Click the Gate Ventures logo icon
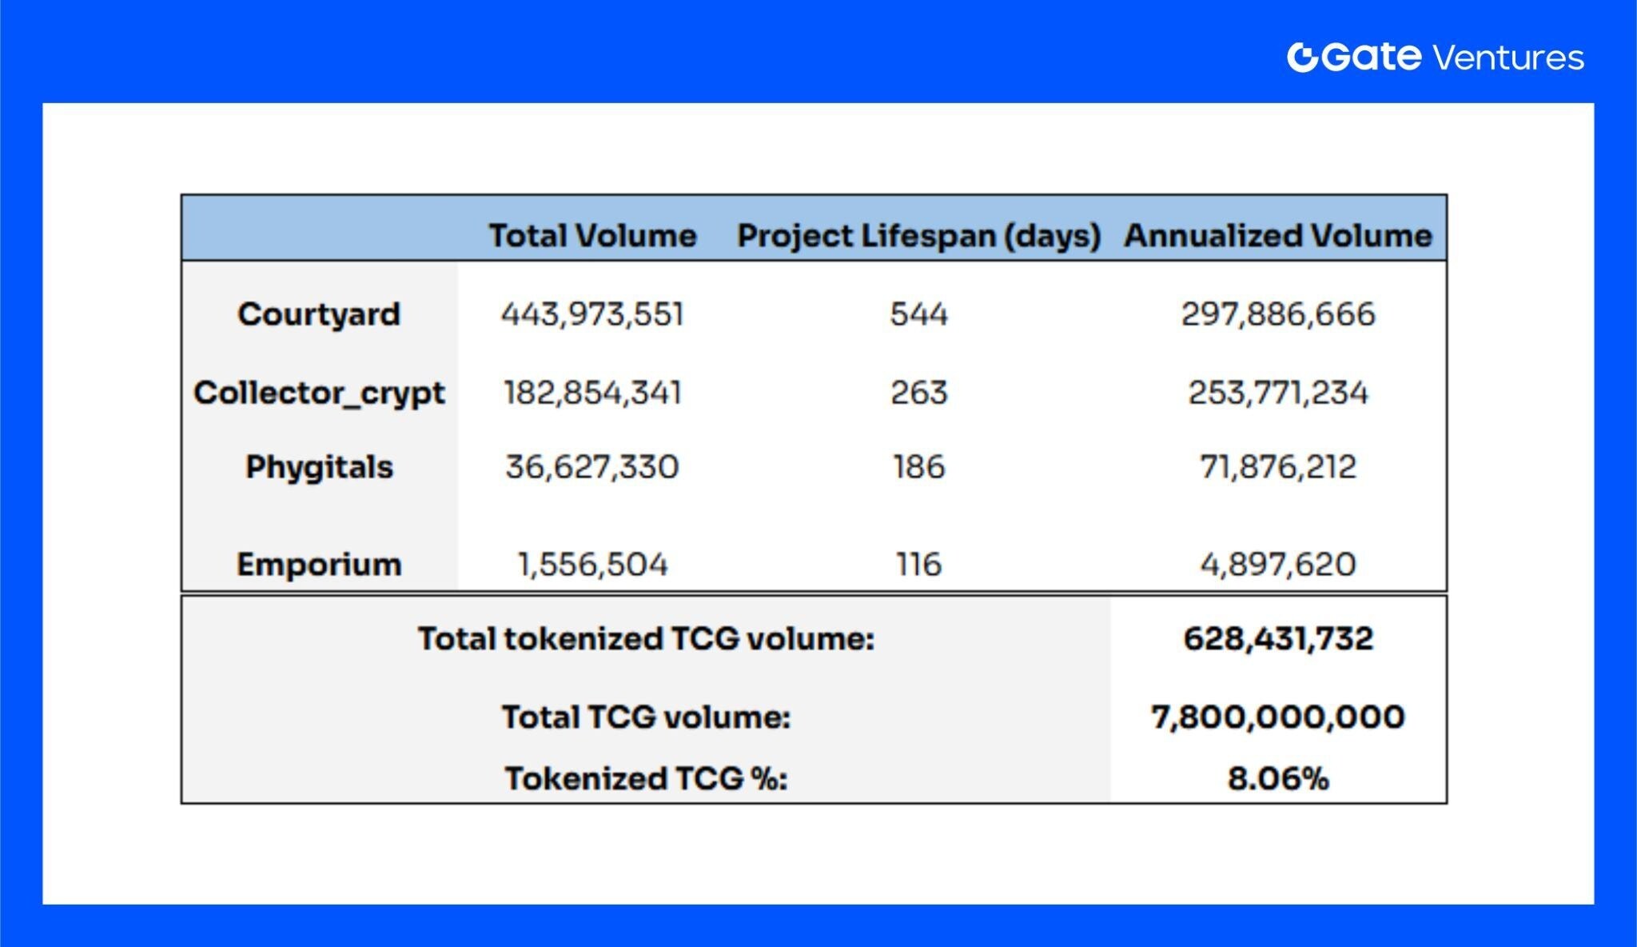tap(1302, 57)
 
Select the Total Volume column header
tap(592, 235)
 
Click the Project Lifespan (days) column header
tap(918, 235)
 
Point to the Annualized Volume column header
tap(1277, 235)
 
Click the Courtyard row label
tap(319, 314)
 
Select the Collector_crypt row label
tap(319, 393)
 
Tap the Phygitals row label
tap(319, 466)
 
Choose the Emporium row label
tap(319, 564)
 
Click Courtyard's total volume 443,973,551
tap(592, 314)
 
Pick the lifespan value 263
tap(918, 393)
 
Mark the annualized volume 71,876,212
tap(1277, 466)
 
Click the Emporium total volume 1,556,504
tap(592, 564)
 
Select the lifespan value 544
tap(918, 314)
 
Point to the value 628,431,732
tap(1277, 638)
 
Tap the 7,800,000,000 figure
tap(1277, 717)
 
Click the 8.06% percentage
tap(1277, 778)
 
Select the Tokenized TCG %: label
tap(646, 778)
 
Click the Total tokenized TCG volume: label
tap(646, 638)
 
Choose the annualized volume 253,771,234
tap(1277, 393)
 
